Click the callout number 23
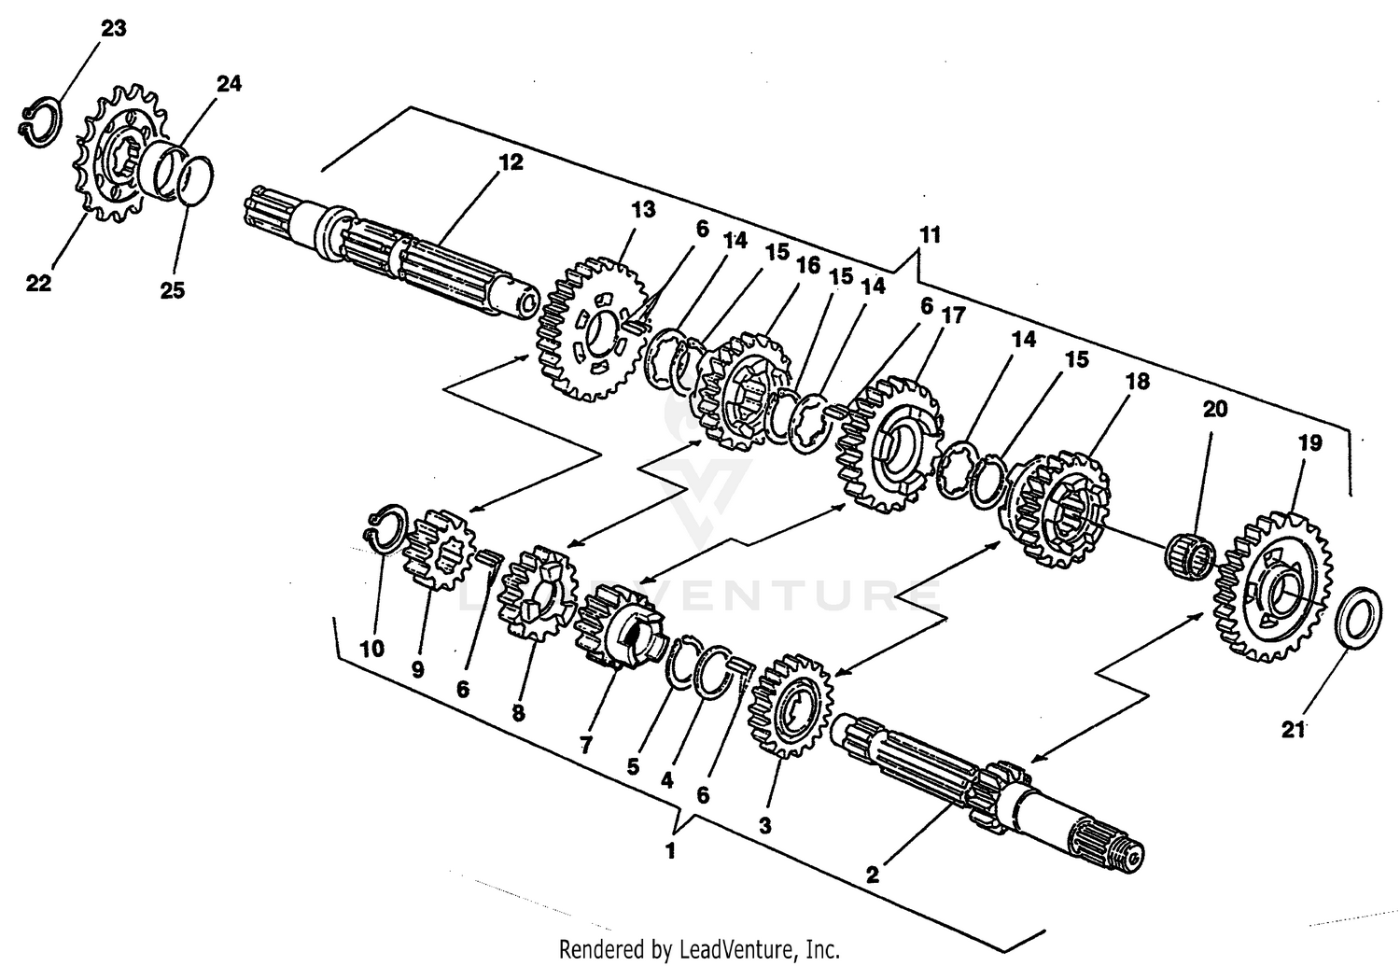pyautogui.click(x=113, y=28)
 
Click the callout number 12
pyautogui.click(x=511, y=162)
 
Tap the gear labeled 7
pyautogui.click(x=619, y=627)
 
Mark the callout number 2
pyautogui.click(x=872, y=875)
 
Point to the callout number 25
pyautogui.click(x=173, y=290)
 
